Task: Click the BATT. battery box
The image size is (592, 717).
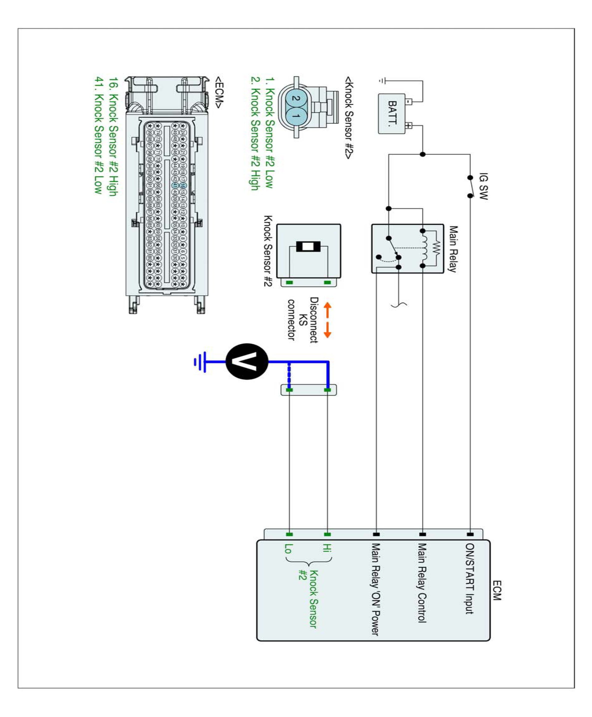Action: pyautogui.click(x=392, y=114)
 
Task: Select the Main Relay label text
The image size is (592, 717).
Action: pyautogui.click(x=453, y=249)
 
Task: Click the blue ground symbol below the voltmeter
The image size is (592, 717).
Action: pyautogui.click(x=200, y=362)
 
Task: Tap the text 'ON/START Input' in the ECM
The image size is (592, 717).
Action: pyautogui.click(x=470, y=579)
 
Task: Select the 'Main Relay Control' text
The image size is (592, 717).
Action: pyautogui.click(x=422, y=583)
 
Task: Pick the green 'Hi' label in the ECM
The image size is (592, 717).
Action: pyautogui.click(x=327, y=548)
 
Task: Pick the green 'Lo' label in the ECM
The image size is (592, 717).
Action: pyautogui.click(x=289, y=548)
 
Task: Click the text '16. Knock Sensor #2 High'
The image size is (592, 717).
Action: pyautogui.click(x=114, y=136)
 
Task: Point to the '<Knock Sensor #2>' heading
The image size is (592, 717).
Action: pyautogui.click(x=349, y=117)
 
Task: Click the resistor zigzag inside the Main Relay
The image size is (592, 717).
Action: pyautogui.click(x=436, y=248)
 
